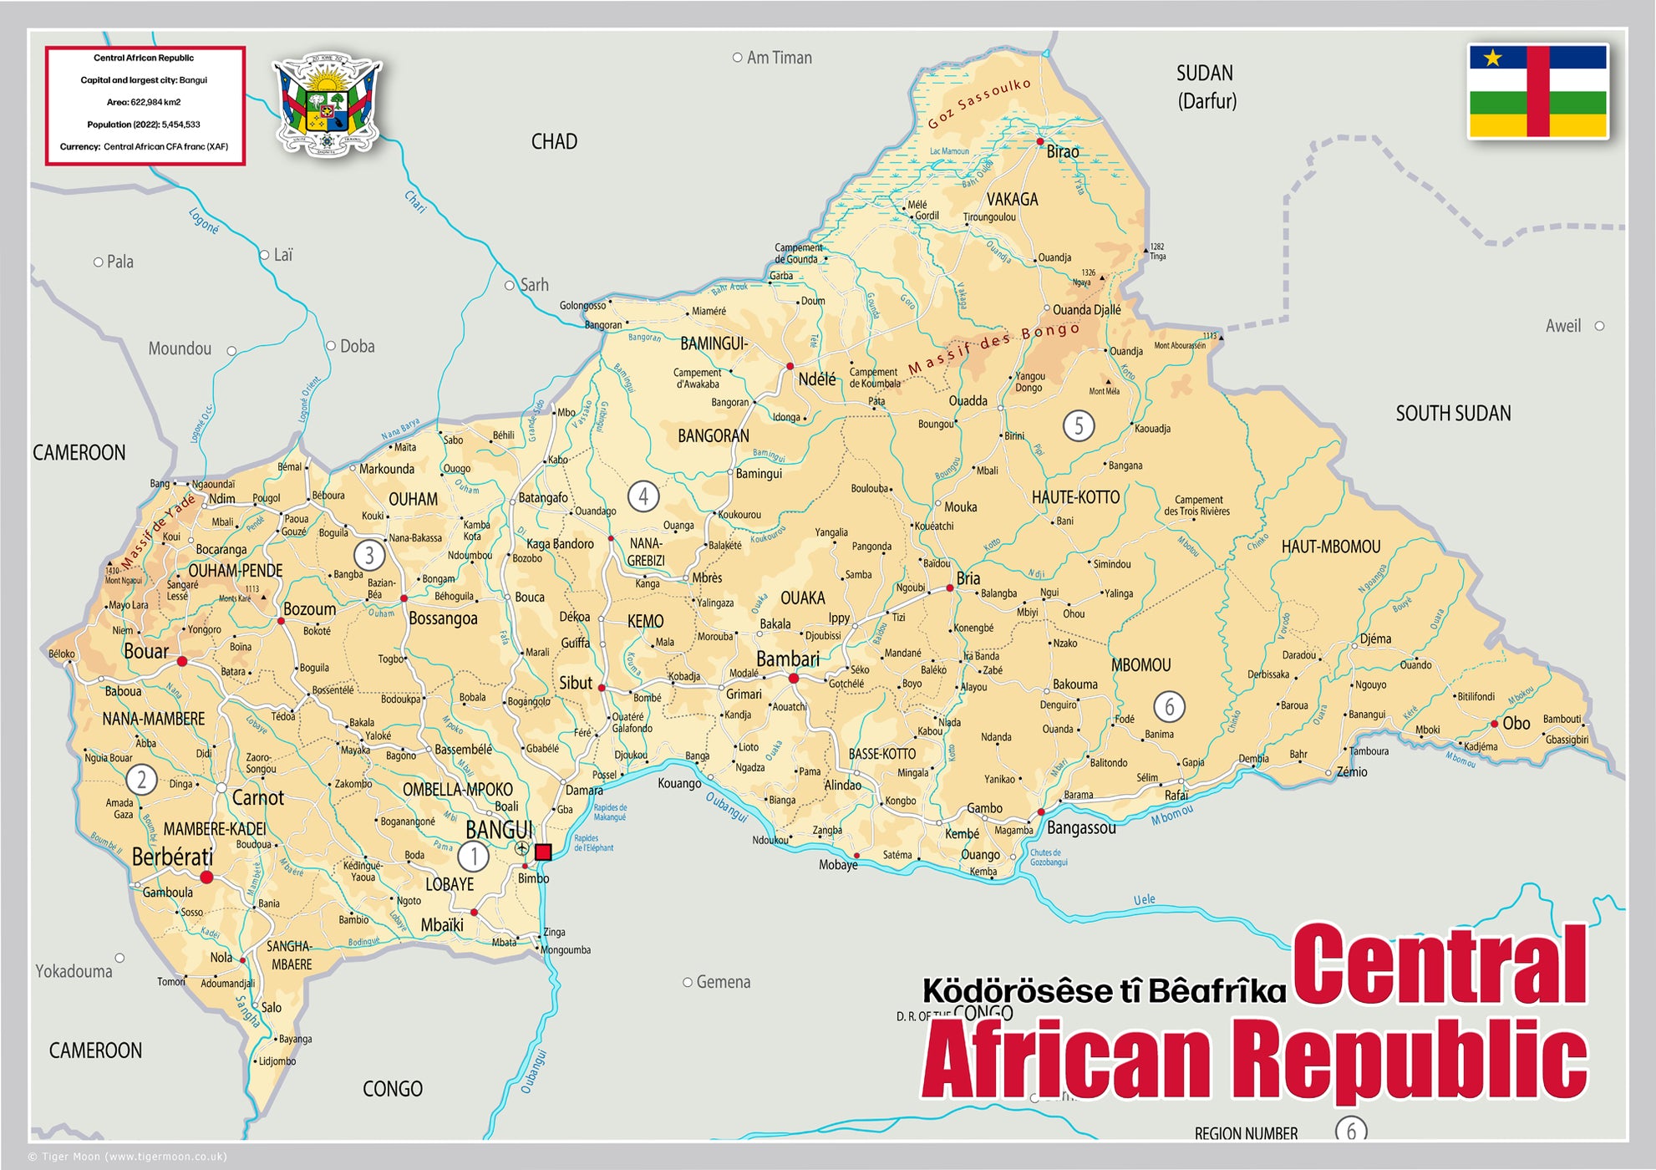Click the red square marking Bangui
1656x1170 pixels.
tap(543, 852)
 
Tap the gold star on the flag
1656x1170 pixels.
tap(1493, 58)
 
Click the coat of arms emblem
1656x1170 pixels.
tap(327, 105)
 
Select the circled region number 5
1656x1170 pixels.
tap(1078, 426)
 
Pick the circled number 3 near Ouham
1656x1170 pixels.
tap(368, 555)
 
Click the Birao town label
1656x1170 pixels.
tap(1062, 152)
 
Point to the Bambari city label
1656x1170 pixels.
tap(787, 659)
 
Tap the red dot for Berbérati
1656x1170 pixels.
tap(206, 877)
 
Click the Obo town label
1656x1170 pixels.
tap(1516, 723)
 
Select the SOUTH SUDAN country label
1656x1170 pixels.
tap(1453, 414)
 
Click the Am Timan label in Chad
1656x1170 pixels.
tap(779, 58)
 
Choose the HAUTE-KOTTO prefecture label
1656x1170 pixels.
tap(1075, 497)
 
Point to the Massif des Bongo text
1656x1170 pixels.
tap(994, 347)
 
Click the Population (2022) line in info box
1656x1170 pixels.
tap(144, 125)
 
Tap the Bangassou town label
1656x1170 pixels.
tap(1081, 828)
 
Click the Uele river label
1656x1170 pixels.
tap(1144, 899)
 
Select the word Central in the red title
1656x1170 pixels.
tap(1439, 965)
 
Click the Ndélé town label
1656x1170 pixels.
tap(816, 379)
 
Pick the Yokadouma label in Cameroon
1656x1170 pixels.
tap(74, 971)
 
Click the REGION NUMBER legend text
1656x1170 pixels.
tap(1246, 1133)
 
